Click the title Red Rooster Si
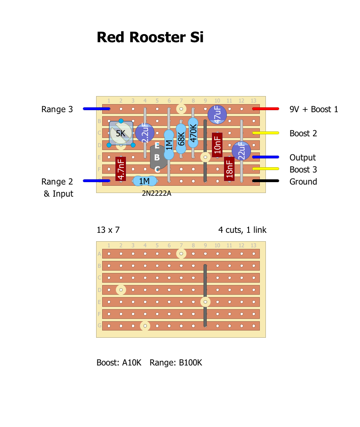[150, 37]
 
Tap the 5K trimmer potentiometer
[121, 133]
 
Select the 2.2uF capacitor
[145, 133]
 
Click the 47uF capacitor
[217, 115]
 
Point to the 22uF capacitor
[241, 151]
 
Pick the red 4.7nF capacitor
[121, 168]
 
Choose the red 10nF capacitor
[217, 145]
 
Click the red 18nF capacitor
[229, 168]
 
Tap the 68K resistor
[181, 139]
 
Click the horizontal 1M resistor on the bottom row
[144, 181]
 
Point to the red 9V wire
[265, 109]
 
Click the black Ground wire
[265, 181]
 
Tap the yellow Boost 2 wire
[265, 133]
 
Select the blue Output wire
[265, 157]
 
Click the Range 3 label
[57, 109]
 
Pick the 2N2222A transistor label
[156, 193]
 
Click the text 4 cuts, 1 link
[242, 230]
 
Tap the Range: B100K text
[176, 363]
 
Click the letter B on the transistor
[157, 158]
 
